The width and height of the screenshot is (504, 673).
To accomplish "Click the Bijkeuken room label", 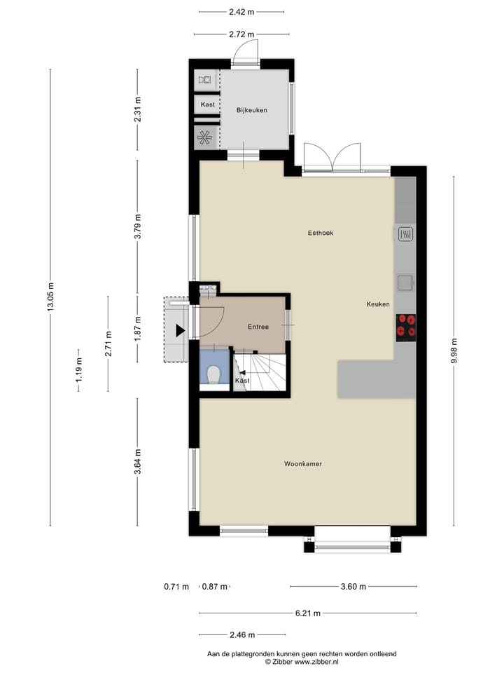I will [252, 110].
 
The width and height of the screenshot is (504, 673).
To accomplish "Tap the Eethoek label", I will [320, 233].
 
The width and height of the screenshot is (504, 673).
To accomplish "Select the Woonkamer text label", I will [303, 464].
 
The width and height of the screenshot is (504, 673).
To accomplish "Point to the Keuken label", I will [378, 304].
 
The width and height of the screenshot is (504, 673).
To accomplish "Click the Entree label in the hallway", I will [258, 327].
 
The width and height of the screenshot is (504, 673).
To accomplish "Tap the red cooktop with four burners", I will [405, 326].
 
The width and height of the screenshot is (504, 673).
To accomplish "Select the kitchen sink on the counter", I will [405, 283].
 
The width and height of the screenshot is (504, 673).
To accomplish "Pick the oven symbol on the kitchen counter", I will [405, 234].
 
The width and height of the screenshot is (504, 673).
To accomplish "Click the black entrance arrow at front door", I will [181, 329].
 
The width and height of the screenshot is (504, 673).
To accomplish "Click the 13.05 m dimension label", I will [50, 297].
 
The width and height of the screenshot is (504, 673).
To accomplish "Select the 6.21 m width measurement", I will [307, 613].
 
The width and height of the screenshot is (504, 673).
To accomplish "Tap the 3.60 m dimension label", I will [353, 587].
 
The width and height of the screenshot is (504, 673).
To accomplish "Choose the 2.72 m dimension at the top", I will [241, 34].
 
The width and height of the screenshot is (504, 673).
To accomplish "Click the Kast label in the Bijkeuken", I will [207, 104].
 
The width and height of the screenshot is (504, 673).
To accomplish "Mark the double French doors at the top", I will [332, 156].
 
